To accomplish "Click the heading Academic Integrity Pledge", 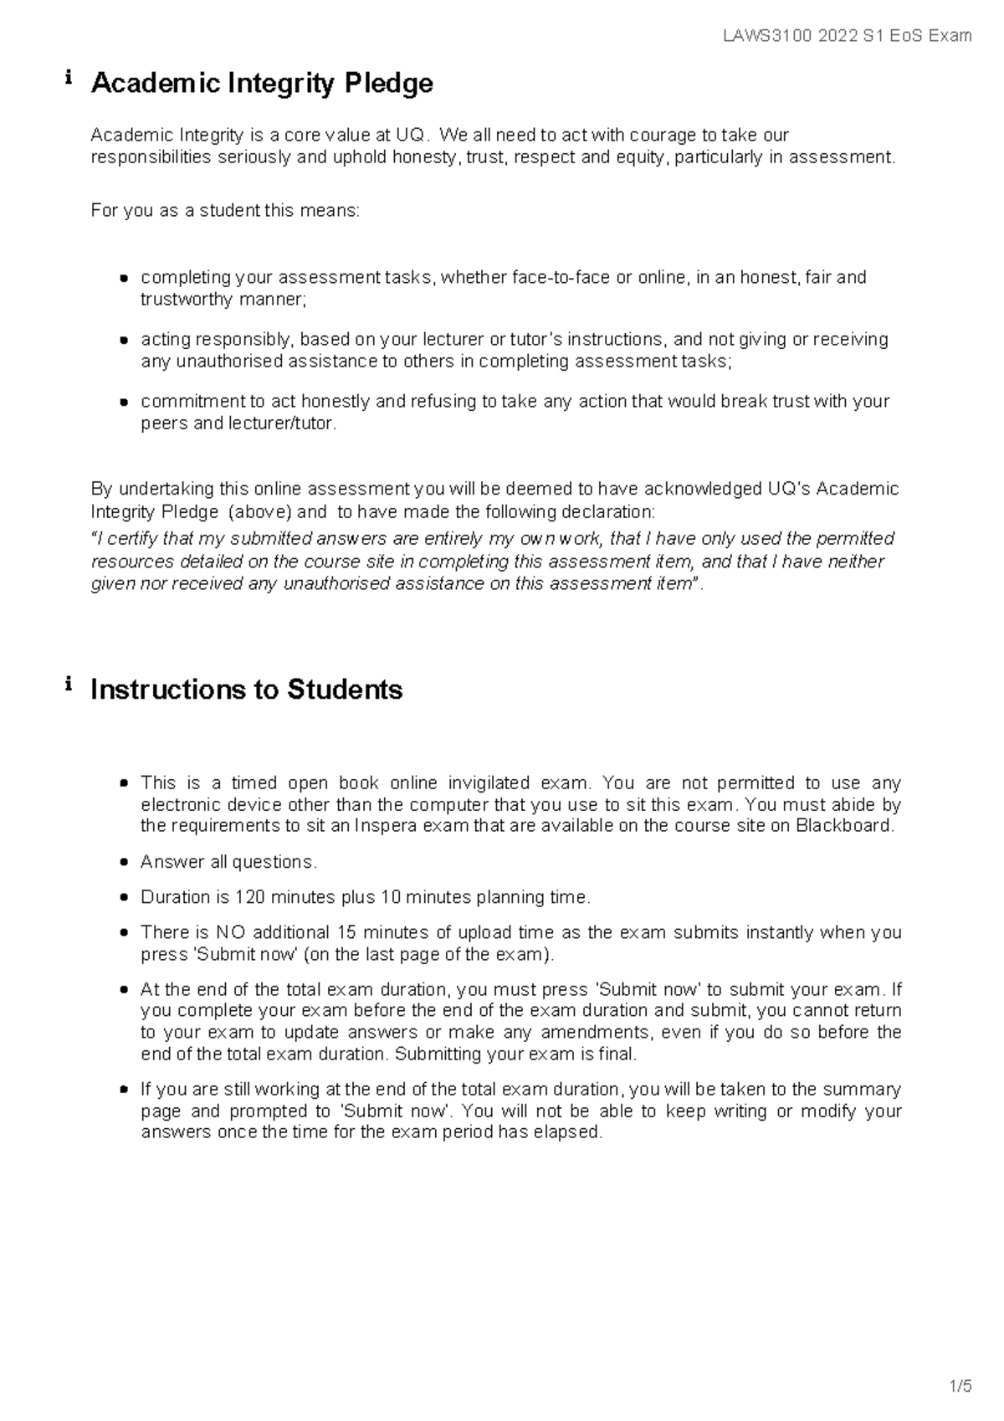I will tap(262, 84).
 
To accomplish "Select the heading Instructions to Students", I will tap(246, 690).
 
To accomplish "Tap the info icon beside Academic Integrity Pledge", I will tap(68, 80).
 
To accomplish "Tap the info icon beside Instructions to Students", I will tap(68, 685).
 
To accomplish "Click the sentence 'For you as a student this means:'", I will tap(225, 211).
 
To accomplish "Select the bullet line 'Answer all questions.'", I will tap(228, 862).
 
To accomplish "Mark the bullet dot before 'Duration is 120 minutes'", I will tap(124, 898).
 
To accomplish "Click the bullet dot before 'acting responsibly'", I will tap(124, 341).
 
